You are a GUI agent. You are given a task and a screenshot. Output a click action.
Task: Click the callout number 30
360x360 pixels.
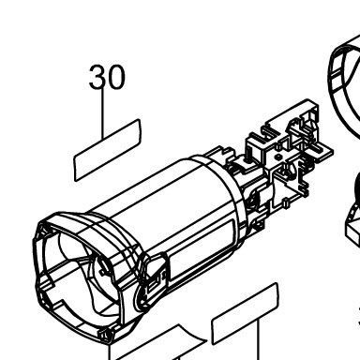[x=107, y=77]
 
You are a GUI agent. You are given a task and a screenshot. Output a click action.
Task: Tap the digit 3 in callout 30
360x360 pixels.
[x=97, y=77]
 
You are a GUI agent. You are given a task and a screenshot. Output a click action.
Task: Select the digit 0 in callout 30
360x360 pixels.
[x=116, y=77]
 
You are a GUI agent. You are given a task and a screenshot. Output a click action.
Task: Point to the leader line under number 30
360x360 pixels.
[x=102, y=114]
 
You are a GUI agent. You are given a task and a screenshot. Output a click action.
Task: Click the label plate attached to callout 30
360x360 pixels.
[x=107, y=150]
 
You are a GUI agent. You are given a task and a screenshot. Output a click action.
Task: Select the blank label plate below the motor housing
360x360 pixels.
[x=245, y=313]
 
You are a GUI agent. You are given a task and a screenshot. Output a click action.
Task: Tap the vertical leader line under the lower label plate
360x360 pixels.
[x=259, y=340]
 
